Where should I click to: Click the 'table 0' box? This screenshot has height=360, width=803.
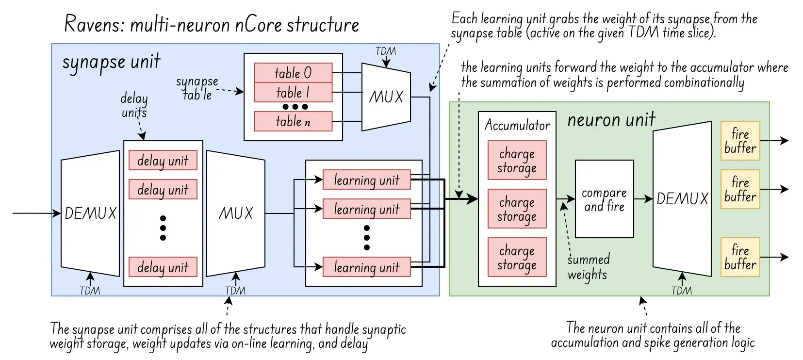point(293,73)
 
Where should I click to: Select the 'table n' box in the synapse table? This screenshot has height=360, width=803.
point(293,121)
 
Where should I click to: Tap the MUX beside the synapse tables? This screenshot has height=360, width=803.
point(386,97)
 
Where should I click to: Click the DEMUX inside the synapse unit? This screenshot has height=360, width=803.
point(90,213)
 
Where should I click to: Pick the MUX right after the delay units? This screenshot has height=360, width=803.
point(236,213)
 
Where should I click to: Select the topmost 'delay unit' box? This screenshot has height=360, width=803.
point(163,161)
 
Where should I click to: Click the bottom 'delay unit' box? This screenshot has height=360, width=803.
point(163,267)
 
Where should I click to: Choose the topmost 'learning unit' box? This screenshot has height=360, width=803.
point(366,180)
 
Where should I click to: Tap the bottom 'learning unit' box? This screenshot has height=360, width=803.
point(366,267)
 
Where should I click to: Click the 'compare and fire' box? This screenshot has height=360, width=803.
point(604,199)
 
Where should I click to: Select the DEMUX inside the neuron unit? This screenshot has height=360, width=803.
point(682,198)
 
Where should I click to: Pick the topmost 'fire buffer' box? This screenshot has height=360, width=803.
point(740,141)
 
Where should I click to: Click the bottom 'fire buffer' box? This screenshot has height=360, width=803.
point(740,257)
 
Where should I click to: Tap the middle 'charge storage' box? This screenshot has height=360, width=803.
point(517,209)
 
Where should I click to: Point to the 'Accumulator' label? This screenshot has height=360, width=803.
point(517,126)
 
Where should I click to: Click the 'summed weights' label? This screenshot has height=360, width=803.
point(588,267)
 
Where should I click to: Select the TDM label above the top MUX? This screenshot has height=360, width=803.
point(386,51)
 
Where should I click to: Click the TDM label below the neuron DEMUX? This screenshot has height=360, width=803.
point(682,290)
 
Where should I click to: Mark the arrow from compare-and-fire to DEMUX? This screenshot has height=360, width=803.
point(643,199)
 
